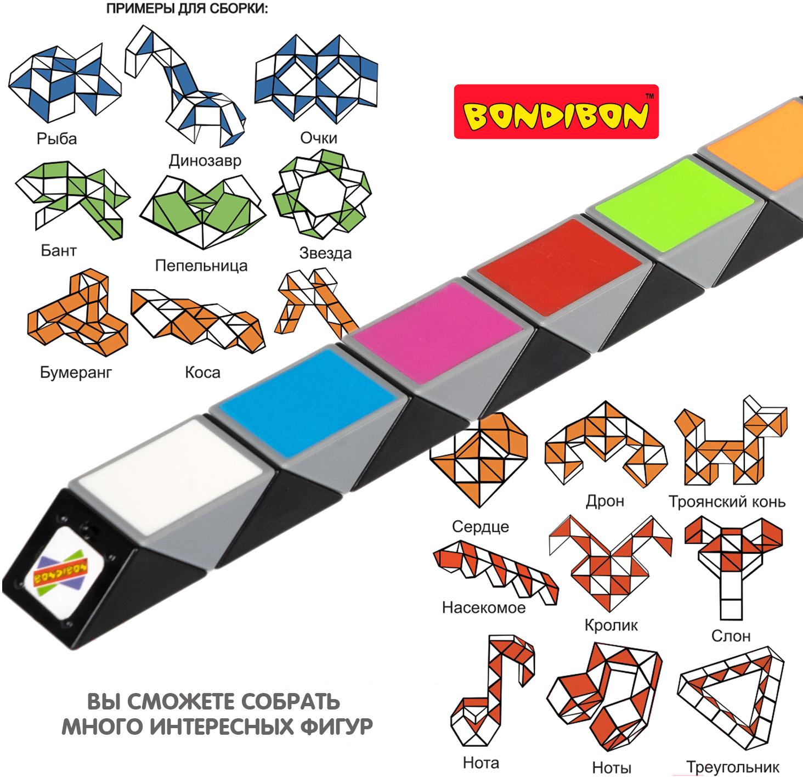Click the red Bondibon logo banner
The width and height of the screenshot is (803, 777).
(x=556, y=112)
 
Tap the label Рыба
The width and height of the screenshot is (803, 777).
(x=56, y=139)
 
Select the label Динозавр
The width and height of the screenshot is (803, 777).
(x=205, y=161)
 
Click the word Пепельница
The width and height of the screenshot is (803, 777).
(x=201, y=266)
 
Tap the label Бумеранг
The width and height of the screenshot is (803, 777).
(x=76, y=373)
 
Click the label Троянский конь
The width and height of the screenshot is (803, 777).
(x=727, y=502)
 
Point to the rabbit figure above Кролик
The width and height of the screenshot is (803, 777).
(x=610, y=565)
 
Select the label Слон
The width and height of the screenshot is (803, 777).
(x=731, y=636)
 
